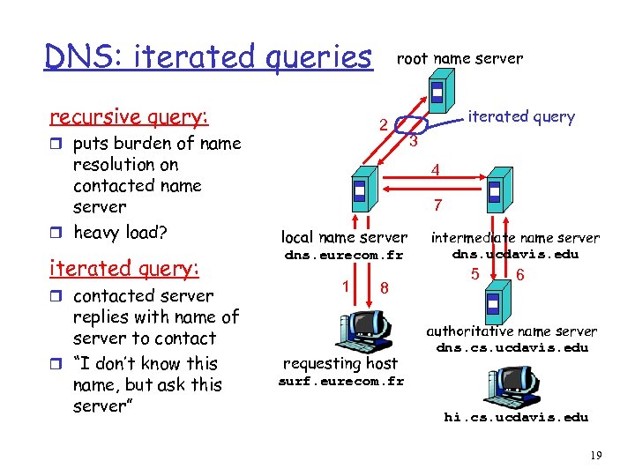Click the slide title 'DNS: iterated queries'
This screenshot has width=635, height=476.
tap(209, 56)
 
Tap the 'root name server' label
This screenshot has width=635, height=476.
tap(459, 59)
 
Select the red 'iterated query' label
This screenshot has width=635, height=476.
tap(520, 116)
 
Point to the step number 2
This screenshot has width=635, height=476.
tap(384, 124)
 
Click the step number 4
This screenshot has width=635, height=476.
tap(435, 169)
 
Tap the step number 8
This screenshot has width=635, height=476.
tap(384, 287)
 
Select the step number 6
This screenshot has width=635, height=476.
tap(520, 274)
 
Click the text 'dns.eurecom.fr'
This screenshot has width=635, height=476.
tap(343, 255)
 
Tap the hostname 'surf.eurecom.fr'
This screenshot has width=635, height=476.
tap(340, 382)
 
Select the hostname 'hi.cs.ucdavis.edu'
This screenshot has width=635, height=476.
tap(515, 417)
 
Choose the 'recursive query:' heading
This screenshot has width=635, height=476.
tap(130, 117)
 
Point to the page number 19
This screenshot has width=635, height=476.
tap(594, 455)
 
